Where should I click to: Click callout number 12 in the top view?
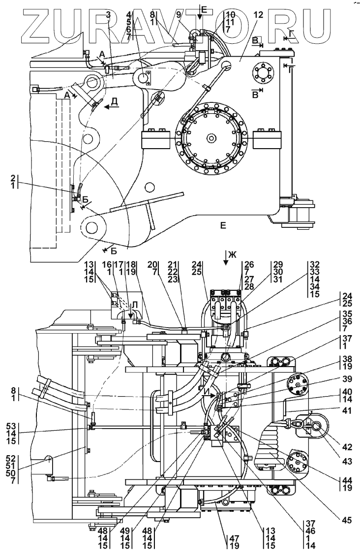click(x=258, y=15)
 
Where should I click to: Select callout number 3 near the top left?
click(x=108, y=15)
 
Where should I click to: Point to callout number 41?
click(x=346, y=411)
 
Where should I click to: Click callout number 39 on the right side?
click(x=346, y=378)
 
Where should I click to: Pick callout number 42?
click(x=346, y=447)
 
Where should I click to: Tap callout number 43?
click(x=346, y=461)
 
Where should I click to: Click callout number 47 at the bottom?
click(x=234, y=538)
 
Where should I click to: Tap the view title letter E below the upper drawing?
click(x=223, y=225)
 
